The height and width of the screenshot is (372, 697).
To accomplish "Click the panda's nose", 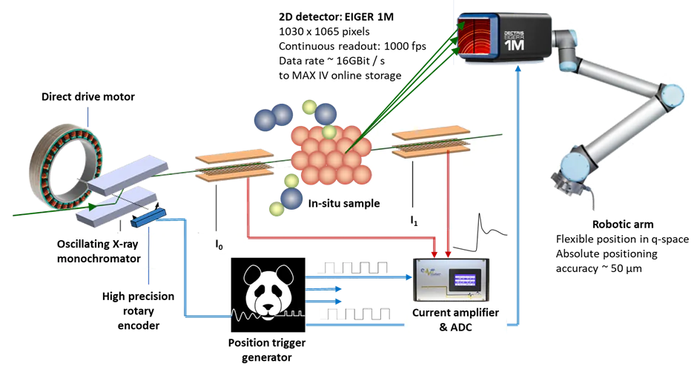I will click(268, 299).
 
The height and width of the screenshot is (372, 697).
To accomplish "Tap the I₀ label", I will click(219, 242).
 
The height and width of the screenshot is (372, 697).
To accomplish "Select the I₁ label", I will click(415, 220).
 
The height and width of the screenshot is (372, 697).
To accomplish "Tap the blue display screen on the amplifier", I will click(464, 280).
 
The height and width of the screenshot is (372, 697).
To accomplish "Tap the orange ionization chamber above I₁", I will click(431, 143).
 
